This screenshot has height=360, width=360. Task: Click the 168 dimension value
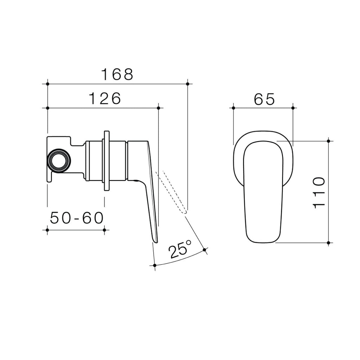tap(117, 75)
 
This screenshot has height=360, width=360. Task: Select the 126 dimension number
tap(104, 99)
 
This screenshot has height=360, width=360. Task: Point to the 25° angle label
tap(180, 249)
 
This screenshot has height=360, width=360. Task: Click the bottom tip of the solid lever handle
tap(155, 241)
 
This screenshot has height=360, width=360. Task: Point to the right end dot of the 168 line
tap(188, 84)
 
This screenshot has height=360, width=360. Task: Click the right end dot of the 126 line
tap(159, 108)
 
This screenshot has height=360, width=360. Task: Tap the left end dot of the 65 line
tap(233, 108)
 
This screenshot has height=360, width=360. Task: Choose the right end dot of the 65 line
tap(293, 108)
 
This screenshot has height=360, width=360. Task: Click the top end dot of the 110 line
tap(328, 141)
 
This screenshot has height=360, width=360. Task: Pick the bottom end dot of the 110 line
tap(328, 243)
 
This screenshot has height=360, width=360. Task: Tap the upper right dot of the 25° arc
tap(205, 250)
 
